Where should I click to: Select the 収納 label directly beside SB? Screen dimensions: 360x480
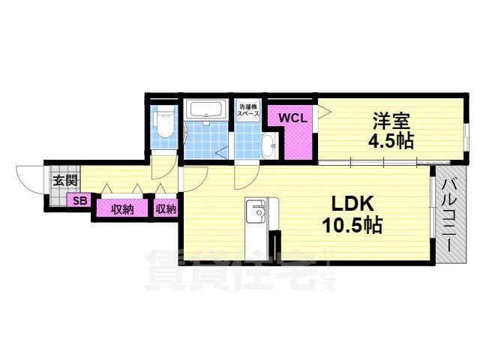pyautogui.click(x=121, y=209)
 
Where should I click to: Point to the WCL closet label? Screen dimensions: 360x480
pyautogui.click(x=293, y=118)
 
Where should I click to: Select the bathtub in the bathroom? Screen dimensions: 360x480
pyautogui.click(x=205, y=109)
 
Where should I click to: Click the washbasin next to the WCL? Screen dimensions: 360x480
pyautogui.click(x=269, y=146)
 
